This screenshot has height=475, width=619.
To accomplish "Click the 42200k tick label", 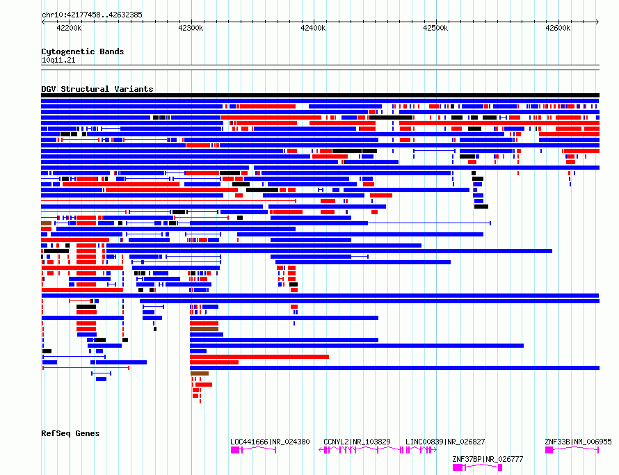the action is [69, 28].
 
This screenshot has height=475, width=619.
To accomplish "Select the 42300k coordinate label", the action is [191, 28].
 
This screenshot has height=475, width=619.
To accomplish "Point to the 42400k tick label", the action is [313, 28].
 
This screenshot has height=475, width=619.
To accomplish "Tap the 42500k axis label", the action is [435, 28].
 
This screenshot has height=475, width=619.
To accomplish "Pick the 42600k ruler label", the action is [558, 28].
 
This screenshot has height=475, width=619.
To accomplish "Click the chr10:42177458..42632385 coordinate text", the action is [92, 15].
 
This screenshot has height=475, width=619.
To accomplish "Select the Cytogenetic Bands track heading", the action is [83, 51].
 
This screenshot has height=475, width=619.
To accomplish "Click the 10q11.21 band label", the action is [58, 60].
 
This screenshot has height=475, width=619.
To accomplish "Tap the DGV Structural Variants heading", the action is [97, 89].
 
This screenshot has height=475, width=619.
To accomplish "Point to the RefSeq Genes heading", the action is [70, 433].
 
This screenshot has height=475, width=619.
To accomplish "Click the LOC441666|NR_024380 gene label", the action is [270, 442].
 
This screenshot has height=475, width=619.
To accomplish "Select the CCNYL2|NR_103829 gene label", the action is [357, 442].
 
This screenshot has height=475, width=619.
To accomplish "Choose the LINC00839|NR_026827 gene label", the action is [445, 442].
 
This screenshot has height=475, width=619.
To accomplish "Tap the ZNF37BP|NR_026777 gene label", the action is [488, 459].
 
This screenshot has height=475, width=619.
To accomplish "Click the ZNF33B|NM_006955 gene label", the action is [578, 442].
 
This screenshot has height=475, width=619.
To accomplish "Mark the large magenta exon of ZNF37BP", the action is [457, 467].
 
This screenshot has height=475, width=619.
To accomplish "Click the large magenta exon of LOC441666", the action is [235, 450].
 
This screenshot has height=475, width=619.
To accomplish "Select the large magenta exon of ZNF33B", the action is [549, 450].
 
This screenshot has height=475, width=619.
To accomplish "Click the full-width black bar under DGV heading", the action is [320, 95].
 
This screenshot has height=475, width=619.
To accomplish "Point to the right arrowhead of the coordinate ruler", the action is [597, 22].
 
